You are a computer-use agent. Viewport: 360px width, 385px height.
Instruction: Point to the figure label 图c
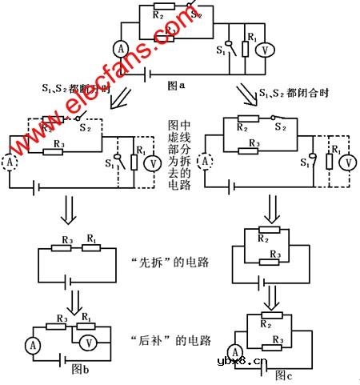(284, 374)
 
